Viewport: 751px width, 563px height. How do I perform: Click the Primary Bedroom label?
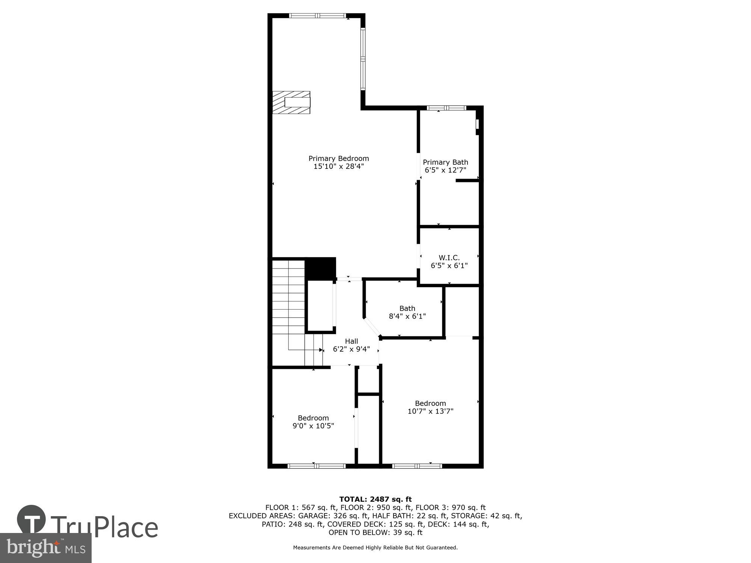pyautogui.click(x=338, y=158)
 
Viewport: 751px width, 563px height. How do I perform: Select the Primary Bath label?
pyautogui.click(x=445, y=162)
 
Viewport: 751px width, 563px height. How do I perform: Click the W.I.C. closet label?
pyautogui.click(x=449, y=257)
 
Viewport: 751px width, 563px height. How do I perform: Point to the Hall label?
pyautogui.click(x=351, y=341)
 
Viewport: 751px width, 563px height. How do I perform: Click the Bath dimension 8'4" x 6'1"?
pyautogui.click(x=407, y=316)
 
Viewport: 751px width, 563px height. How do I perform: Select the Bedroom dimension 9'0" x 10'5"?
pyautogui.click(x=313, y=426)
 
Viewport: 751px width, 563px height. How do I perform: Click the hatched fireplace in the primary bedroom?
pyautogui.click(x=291, y=102)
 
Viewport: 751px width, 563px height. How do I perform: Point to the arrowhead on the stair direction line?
pyautogui.click(x=321, y=350)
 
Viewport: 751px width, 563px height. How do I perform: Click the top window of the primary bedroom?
pyautogui.click(x=317, y=16)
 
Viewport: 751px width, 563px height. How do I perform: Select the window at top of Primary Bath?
pyautogui.click(x=446, y=108)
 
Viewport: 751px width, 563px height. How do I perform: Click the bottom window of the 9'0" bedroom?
pyautogui.click(x=316, y=466)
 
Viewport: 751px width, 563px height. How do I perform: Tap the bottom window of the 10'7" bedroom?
pyautogui.click(x=417, y=466)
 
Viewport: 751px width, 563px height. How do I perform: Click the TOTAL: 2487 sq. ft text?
pyautogui.click(x=375, y=499)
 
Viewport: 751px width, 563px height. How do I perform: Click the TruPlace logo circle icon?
pyautogui.click(x=32, y=520)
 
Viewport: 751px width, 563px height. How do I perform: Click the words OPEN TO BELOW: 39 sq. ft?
pyautogui.click(x=375, y=533)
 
